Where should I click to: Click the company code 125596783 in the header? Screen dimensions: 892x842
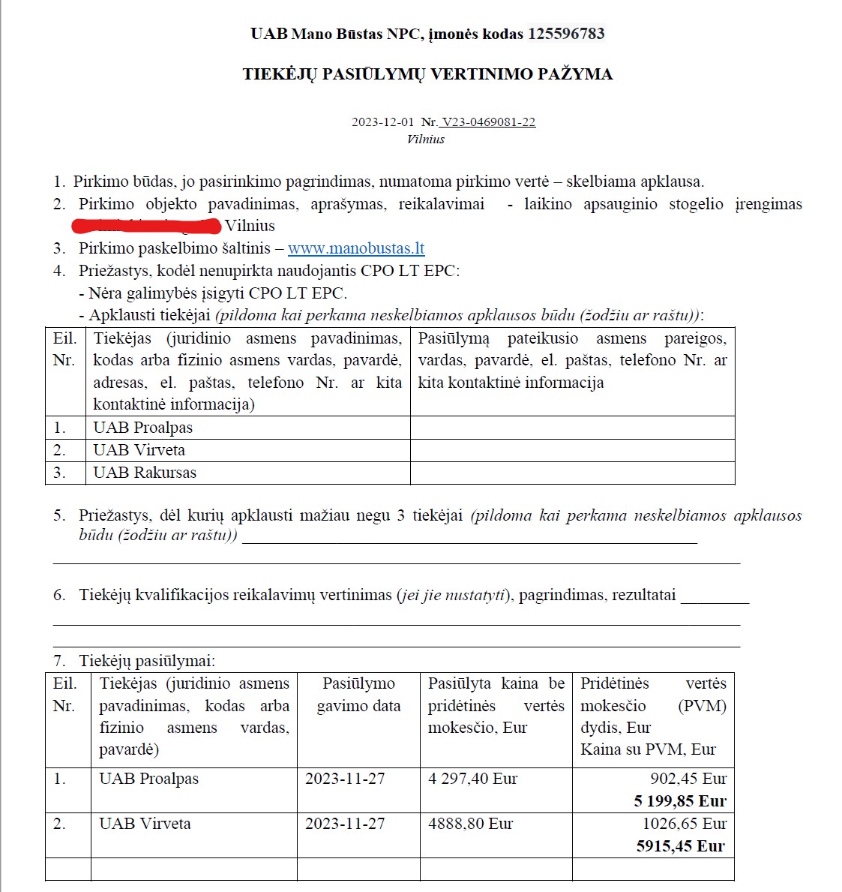(566, 34)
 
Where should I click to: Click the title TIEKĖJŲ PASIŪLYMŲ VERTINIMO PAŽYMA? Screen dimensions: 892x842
(427, 74)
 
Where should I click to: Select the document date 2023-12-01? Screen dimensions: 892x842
(382, 122)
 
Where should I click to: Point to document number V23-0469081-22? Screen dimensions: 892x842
(488, 122)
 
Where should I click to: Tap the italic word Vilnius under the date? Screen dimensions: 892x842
(426, 139)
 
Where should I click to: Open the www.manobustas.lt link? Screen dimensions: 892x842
(356, 248)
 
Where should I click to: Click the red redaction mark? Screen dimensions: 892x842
(146, 226)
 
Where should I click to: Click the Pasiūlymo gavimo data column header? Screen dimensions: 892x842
(358, 695)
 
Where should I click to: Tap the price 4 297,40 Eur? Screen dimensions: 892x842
(472, 779)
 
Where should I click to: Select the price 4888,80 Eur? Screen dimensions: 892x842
(470, 824)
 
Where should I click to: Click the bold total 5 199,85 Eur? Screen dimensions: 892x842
(680, 801)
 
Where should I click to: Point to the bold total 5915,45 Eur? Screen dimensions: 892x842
(680, 846)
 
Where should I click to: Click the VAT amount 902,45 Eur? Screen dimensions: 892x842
(688, 779)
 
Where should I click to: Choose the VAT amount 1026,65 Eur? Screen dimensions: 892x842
(684, 824)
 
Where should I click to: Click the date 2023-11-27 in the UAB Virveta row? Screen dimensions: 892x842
(345, 824)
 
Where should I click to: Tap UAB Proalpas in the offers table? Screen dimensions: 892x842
(148, 779)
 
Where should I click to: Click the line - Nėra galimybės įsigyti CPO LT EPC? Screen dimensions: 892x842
(213, 293)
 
